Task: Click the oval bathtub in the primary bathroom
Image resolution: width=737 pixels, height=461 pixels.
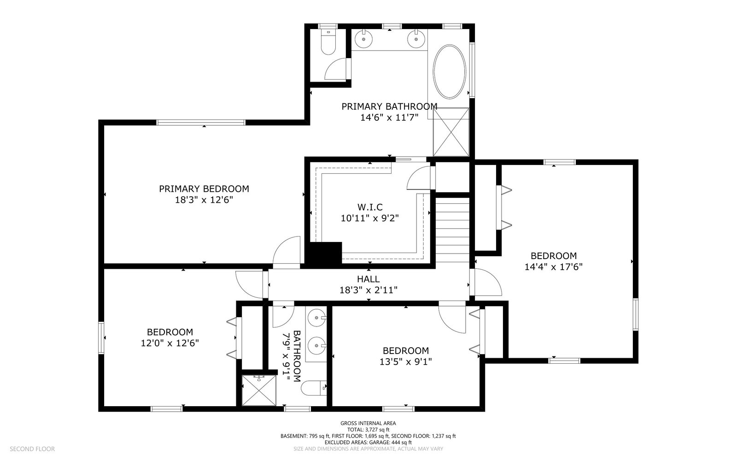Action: [x=450, y=71]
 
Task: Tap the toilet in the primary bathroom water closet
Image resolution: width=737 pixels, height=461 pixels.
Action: [x=328, y=42]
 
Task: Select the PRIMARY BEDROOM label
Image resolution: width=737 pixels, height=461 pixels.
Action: [x=204, y=189]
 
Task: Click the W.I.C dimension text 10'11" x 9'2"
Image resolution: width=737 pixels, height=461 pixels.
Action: [x=370, y=218]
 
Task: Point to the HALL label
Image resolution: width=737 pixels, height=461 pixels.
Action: [x=368, y=279]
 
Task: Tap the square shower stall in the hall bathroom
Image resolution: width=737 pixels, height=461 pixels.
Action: [x=259, y=390]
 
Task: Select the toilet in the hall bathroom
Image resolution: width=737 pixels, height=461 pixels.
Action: [x=314, y=388]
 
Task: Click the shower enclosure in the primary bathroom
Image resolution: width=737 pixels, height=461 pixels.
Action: [x=451, y=132]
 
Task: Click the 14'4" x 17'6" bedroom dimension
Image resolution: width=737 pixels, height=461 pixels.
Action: [x=553, y=267]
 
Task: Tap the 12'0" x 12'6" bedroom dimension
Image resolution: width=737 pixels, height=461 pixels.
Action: [x=170, y=343]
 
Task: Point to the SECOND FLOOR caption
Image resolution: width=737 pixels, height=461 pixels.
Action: [x=32, y=449]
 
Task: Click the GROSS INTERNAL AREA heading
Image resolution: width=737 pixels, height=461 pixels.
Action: [x=368, y=423]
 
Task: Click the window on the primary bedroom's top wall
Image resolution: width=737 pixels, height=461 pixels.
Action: [x=201, y=123]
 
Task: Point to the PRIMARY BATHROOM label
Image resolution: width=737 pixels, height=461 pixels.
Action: [x=390, y=106]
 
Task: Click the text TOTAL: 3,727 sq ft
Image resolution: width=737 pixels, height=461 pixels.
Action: [x=368, y=429]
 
